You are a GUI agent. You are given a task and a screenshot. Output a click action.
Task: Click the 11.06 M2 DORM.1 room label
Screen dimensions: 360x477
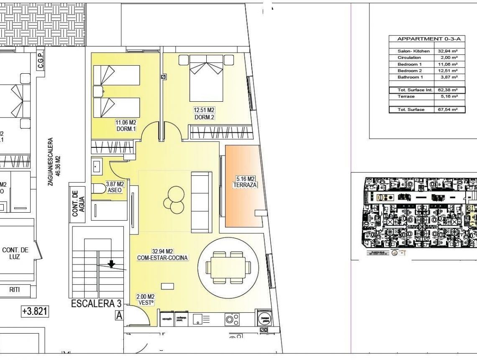coord(126,126)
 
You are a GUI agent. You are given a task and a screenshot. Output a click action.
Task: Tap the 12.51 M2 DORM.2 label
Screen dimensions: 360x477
coord(204,114)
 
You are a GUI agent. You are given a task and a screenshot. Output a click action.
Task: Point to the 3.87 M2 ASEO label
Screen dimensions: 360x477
coord(115,187)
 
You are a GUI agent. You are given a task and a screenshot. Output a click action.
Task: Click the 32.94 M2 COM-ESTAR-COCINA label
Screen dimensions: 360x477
coord(162,255)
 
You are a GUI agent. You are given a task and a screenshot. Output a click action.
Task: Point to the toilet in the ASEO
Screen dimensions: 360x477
coord(98,189)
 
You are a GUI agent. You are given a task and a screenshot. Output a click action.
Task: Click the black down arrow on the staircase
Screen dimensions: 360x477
coord(111,264)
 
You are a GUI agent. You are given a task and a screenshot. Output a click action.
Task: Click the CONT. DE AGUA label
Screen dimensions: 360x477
coord(78,204)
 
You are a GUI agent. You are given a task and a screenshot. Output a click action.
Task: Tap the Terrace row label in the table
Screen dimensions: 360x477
coord(406,97)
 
